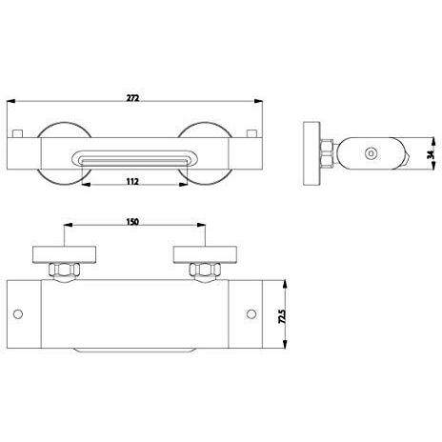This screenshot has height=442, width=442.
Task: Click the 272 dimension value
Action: pyautogui.click(x=132, y=98)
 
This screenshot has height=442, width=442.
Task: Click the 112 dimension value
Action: pyautogui.click(x=132, y=182)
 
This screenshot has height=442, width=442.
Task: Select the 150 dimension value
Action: pyautogui.click(x=132, y=222)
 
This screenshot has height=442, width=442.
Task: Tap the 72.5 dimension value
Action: pyautogui.click(x=282, y=316)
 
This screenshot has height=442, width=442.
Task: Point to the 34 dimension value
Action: pyautogui.click(x=431, y=154)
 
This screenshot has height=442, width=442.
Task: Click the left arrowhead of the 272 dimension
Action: pyautogui.click(x=11, y=101)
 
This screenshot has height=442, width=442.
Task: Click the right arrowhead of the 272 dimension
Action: pyautogui.click(x=258, y=101)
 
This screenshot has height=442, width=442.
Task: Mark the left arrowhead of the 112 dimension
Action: pyautogui.click(x=86, y=185)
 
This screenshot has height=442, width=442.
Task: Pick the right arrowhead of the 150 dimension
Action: pyautogui.click(x=201, y=225)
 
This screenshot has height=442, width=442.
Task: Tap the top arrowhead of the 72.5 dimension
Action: pyautogui.click(x=285, y=284)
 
